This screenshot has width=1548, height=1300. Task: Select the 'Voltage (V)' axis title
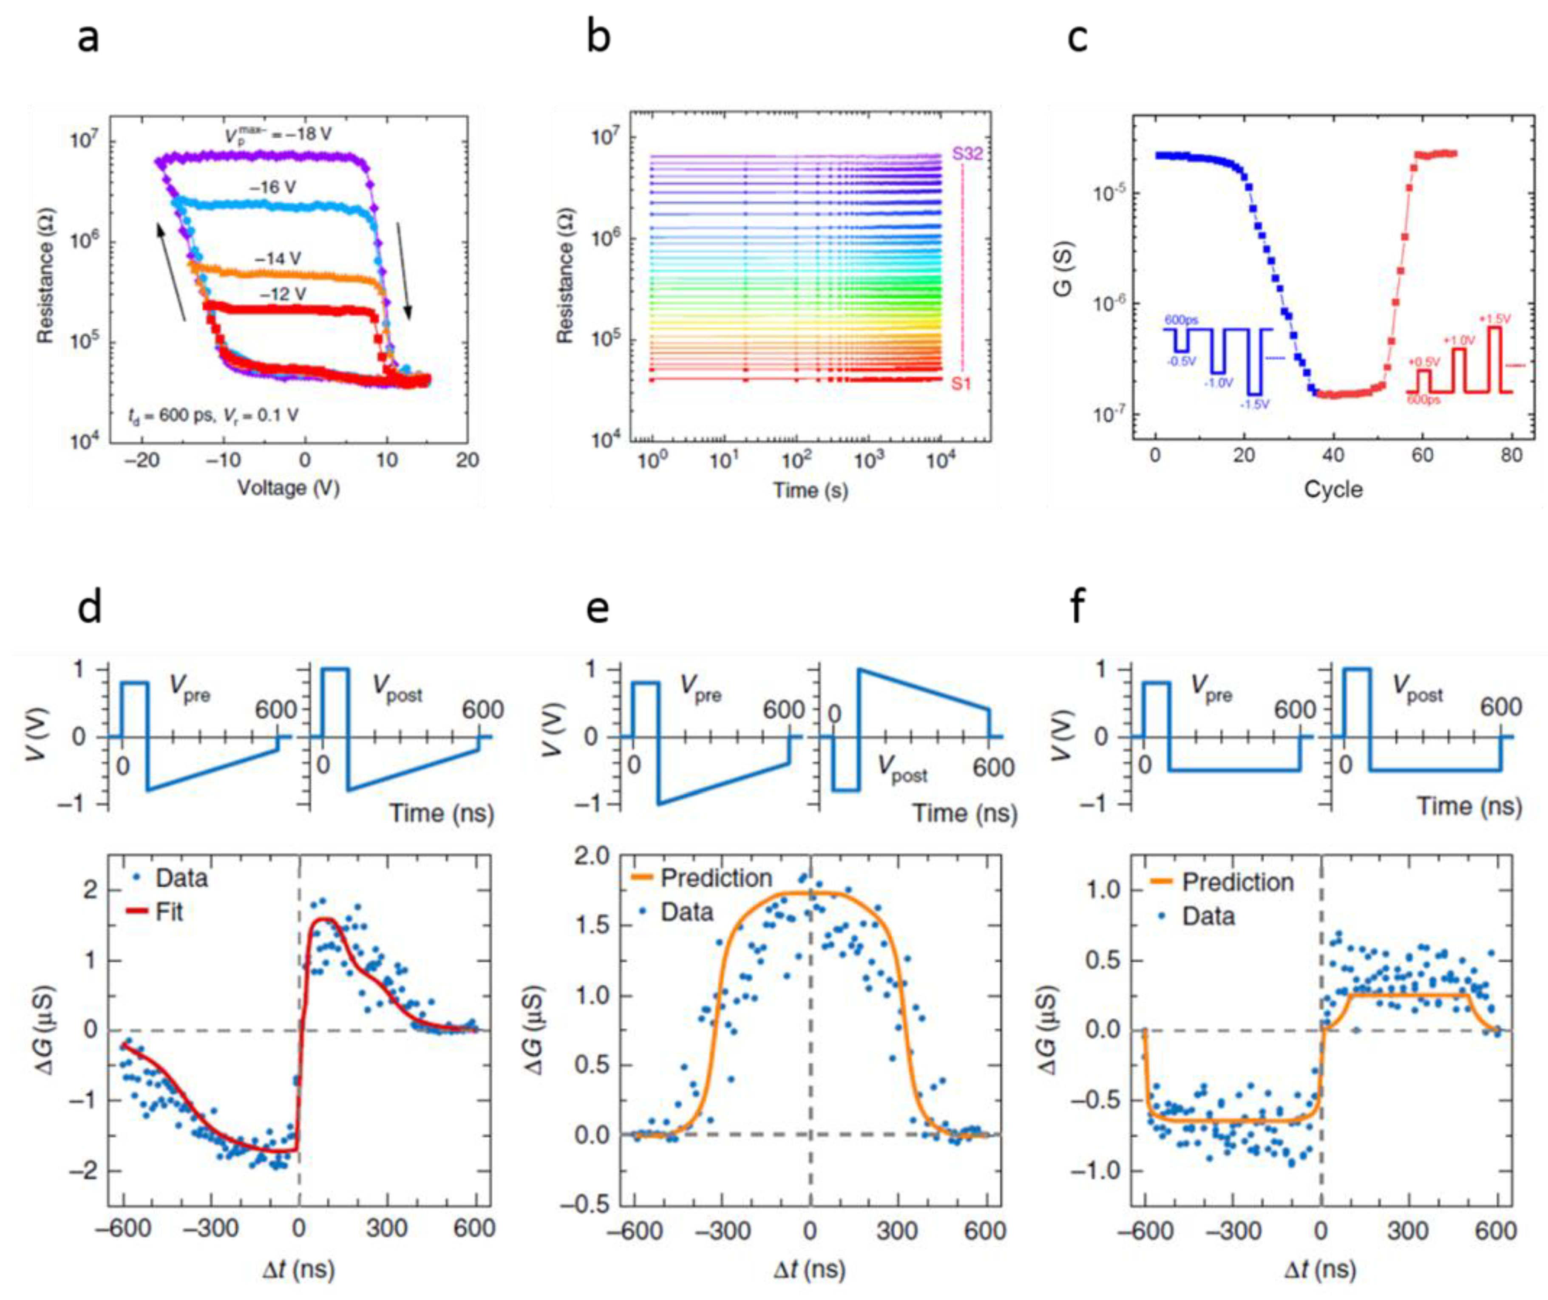click(288, 488)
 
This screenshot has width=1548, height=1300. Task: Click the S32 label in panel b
click(967, 154)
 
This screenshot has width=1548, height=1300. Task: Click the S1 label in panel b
click(961, 384)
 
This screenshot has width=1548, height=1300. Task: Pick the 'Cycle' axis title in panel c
click(1333, 489)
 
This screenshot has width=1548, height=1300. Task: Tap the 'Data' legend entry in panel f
click(1208, 916)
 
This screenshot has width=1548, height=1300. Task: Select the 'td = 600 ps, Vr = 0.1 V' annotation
click(213, 416)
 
